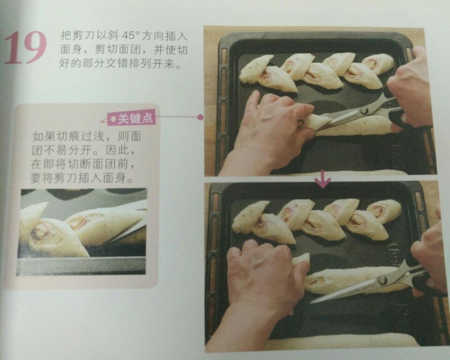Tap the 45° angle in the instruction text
pyautogui.click(x=130, y=35)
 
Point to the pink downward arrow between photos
pyautogui.click(x=323, y=179)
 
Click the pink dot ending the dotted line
pyautogui.click(x=200, y=117)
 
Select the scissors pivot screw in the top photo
pyautogui.click(x=364, y=110)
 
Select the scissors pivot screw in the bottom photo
pyautogui.click(x=382, y=279)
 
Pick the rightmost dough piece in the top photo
pyautogui.click(x=378, y=64)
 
